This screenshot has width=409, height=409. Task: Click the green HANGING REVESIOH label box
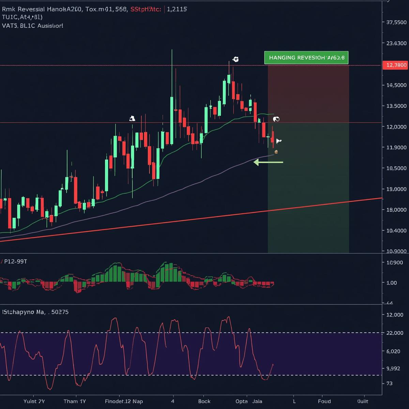click(x=306, y=58)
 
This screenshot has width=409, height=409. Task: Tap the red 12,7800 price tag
click(x=396, y=65)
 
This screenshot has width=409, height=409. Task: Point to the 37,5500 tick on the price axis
click(x=396, y=22)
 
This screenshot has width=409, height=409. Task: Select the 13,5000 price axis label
click(x=396, y=106)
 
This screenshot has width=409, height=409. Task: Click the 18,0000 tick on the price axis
click(x=396, y=210)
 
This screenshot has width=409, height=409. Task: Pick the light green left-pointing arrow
click(x=268, y=163)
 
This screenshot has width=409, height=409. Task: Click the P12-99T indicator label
click(x=15, y=261)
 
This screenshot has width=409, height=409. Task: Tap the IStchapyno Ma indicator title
click(x=35, y=312)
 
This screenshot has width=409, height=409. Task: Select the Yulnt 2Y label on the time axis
click(x=34, y=401)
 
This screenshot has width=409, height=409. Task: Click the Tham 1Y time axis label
click(x=75, y=401)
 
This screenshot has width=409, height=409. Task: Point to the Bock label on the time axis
click(x=204, y=401)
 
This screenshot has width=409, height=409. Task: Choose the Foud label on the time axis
click(x=324, y=401)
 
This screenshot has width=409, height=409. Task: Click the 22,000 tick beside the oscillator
click(x=395, y=333)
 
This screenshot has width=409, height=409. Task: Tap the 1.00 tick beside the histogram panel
click(x=392, y=283)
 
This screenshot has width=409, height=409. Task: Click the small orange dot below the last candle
click(x=276, y=152)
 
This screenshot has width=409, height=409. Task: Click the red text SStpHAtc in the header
click(x=146, y=9)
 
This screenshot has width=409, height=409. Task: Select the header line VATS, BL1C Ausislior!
click(x=32, y=26)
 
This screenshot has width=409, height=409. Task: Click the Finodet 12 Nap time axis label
click(x=124, y=401)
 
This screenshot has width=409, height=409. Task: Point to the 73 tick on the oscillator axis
click(x=389, y=383)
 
